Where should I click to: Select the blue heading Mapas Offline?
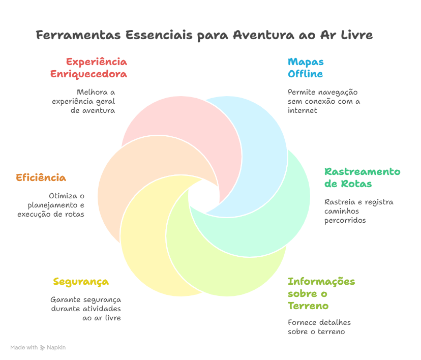[306, 68]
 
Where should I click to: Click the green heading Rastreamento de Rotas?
[362, 177]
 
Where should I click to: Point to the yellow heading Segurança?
[81, 282]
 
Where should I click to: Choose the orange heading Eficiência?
[41, 178]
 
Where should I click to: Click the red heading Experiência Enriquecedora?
[88, 68]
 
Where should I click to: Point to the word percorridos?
[345, 221]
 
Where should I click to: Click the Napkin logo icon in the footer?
[42, 348]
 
